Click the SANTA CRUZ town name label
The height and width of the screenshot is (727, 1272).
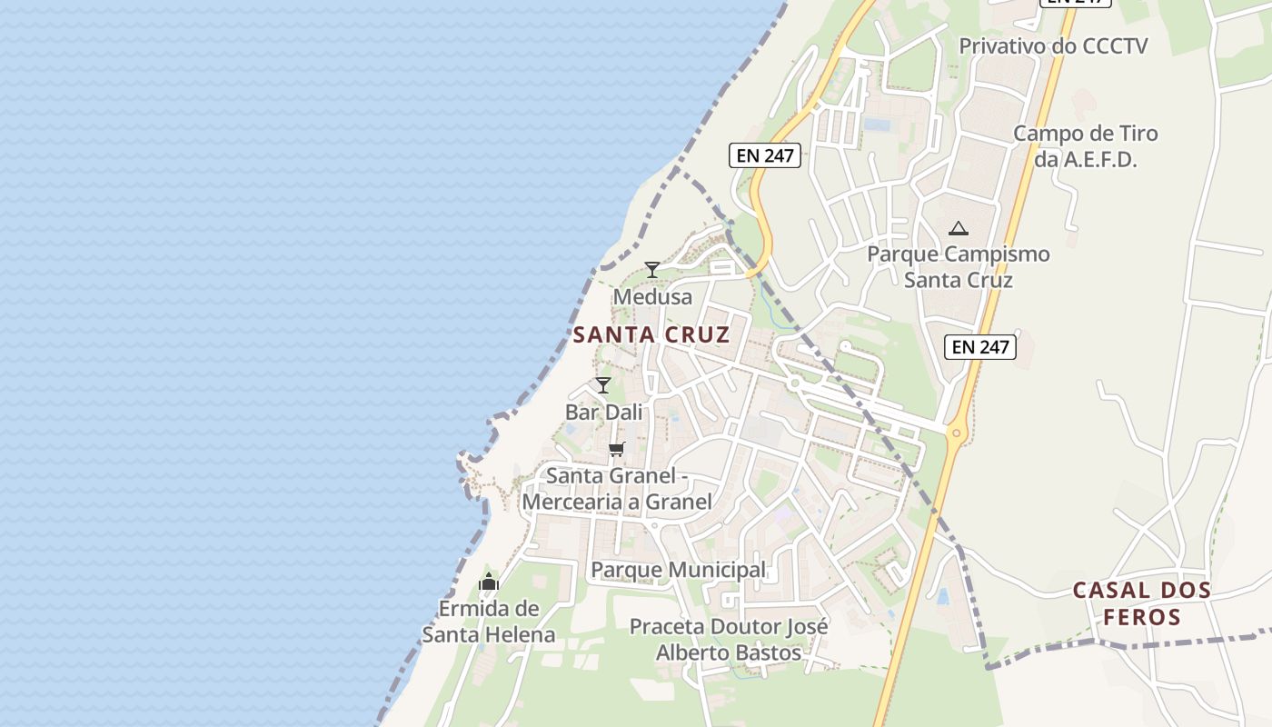(651, 334)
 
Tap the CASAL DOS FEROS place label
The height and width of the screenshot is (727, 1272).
(1142, 603)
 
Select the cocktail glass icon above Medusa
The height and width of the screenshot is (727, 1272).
(651, 269)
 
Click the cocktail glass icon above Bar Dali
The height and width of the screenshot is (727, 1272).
(603, 385)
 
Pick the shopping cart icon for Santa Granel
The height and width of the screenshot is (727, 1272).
(617, 449)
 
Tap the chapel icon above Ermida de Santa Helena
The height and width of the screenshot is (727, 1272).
(489, 582)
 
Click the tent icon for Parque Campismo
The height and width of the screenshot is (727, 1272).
(958, 228)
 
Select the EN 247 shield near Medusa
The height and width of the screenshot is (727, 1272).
(765, 155)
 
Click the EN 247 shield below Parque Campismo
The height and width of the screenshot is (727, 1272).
(980, 346)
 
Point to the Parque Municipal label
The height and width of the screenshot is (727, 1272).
(679, 570)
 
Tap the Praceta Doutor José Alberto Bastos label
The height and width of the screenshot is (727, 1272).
(729, 639)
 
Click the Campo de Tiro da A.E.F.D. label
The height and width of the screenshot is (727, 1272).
(1086, 146)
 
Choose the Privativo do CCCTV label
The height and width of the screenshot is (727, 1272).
(1053, 45)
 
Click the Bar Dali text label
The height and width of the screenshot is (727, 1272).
(603, 412)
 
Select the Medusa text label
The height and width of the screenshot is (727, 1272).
(652, 296)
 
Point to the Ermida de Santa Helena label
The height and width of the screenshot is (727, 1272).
(489, 622)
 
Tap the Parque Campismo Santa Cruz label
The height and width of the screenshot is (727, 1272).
(958, 266)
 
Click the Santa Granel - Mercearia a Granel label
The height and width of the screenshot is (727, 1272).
(617, 488)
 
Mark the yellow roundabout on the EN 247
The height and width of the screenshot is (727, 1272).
(956, 433)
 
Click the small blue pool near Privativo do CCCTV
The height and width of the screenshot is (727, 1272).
(878, 124)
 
